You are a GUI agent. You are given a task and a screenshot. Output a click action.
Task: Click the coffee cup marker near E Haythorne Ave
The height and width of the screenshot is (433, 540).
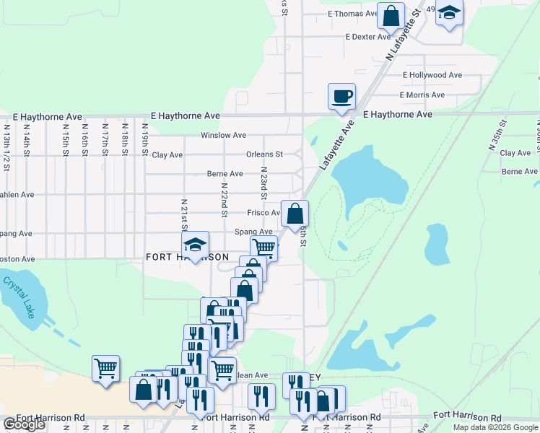341,95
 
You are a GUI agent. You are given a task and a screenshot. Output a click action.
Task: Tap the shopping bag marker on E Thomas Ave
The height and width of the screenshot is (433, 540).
391,14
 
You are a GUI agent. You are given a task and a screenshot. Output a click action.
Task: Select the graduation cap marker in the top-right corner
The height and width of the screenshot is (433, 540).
449,14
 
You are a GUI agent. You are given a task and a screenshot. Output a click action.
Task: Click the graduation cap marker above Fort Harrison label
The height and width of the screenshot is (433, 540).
194,245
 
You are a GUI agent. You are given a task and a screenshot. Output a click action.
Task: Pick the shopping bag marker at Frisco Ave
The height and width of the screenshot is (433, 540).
295,214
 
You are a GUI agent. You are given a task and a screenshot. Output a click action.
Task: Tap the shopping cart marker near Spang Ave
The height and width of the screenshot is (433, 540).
264,248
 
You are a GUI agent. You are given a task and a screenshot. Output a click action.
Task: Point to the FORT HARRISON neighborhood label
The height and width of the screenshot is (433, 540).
187,257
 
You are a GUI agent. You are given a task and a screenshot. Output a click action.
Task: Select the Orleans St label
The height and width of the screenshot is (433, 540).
264,154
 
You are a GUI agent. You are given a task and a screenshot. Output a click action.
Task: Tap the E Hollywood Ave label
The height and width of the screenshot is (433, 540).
432,75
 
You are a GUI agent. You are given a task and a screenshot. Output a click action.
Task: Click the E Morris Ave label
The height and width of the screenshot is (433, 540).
422,95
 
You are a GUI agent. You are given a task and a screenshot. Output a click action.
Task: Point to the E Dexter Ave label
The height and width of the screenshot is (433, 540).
367,37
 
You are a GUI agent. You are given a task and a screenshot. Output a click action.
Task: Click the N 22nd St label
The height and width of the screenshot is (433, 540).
224,198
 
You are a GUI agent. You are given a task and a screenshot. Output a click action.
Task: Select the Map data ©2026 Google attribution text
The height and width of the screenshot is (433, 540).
495,427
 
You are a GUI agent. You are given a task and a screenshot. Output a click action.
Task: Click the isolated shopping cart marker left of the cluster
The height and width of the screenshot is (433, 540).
105,368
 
